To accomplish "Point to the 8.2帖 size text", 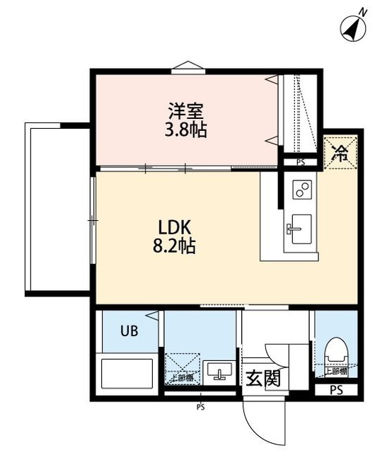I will coord(175,247).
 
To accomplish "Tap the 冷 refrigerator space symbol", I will coord(340,153).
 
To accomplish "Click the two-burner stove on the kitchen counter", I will coord(302,189).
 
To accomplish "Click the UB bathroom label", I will coord(128,331).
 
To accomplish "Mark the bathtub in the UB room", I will coord(128,373).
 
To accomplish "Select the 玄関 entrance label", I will coord(262,379).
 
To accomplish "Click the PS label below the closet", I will coord(301,162).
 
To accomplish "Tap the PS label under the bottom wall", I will coord(201,407).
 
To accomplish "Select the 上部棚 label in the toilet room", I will coord(335,371).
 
